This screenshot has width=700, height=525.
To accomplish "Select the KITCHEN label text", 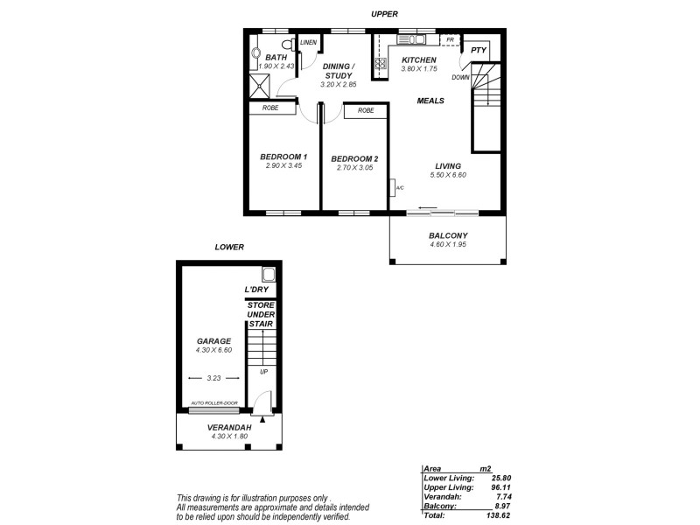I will coord(418,59).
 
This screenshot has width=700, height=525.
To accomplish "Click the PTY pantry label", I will coord(478,51).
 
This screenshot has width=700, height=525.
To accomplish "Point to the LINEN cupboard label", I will coord(308,43).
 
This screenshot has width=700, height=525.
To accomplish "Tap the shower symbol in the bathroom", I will coord(261,86).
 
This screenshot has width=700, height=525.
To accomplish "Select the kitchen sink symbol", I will coord(411,38).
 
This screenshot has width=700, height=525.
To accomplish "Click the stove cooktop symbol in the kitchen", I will coord(381,63).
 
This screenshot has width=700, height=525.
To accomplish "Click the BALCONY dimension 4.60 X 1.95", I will coord(447,246).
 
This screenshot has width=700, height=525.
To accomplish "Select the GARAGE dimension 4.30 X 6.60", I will coord(213,350).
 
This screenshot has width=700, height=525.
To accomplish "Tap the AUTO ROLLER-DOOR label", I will coord(213,404).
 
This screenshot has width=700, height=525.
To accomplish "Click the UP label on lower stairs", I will coord(263,371).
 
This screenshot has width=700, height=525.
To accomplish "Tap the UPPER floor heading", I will coord(384,15).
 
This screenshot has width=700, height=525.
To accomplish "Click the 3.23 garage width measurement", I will coord(214,379).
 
